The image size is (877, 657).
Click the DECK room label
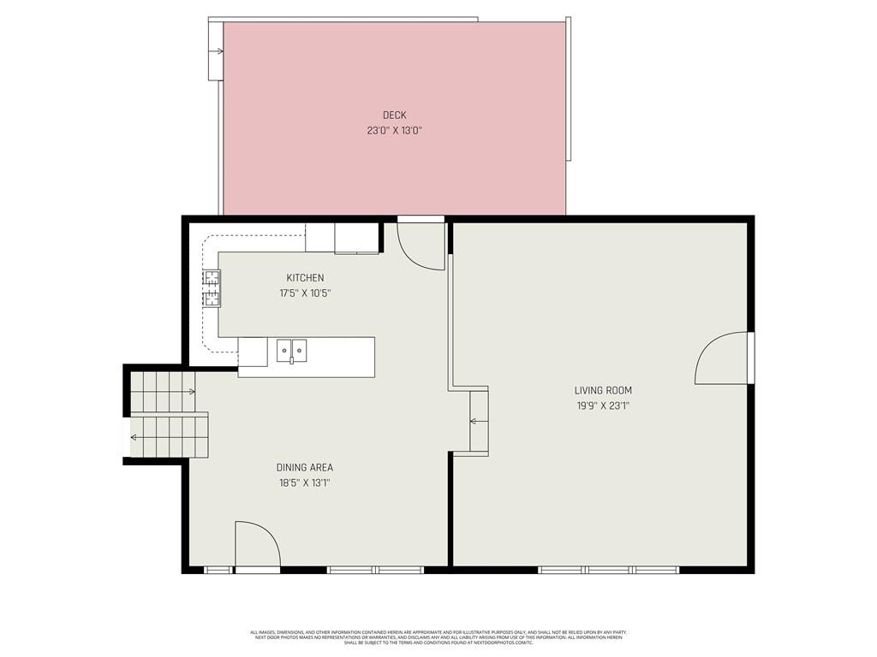pyautogui.click(x=394, y=115)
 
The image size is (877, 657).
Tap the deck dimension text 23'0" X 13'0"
pyautogui.click(x=394, y=131)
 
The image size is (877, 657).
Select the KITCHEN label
pyautogui.click(x=305, y=278)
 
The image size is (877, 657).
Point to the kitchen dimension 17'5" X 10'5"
pyautogui.click(x=305, y=293)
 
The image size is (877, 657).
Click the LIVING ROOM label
pyautogui.click(x=603, y=391)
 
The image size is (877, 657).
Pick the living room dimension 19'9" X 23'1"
pyautogui.click(x=603, y=406)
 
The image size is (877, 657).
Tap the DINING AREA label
pyautogui.click(x=304, y=468)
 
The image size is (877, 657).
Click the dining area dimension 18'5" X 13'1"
pyautogui.click(x=304, y=482)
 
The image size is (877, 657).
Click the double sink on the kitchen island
pyautogui.click(x=291, y=349)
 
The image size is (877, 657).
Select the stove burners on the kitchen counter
pyautogui.click(x=211, y=288)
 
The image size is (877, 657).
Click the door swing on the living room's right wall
pyautogui.click(x=724, y=358)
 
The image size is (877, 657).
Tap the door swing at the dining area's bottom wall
pyautogui.click(x=257, y=544)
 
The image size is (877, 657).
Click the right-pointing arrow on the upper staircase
pyautogui.click(x=191, y=392)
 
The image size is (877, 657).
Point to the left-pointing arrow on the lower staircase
pyautogui.click(x=134, y=438)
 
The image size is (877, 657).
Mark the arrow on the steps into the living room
pyautogui.click(x=473, y=421)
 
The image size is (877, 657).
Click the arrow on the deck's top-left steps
pyautogui.click(x=219, y=51)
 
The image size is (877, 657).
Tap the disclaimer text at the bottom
pyautogui.click(x=438, y=637)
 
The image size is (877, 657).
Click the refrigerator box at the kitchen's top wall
pyautogui.click(x=356, y=239)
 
